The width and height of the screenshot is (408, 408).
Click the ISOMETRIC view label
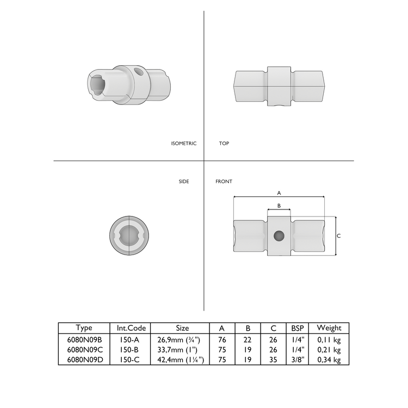point(183,144)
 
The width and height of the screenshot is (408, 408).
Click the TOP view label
point(224,144)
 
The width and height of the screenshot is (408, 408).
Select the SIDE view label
point(184,182)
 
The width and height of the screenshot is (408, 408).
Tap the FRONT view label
point(224,182)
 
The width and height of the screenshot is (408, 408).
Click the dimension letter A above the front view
point(279,193)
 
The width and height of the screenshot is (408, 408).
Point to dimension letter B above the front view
point(279,206)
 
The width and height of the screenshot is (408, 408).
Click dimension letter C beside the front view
point(339,236)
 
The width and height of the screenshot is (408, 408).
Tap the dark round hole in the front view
point(279,236)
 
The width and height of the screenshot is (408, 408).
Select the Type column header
point(84,328)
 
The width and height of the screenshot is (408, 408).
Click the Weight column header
point(329,328)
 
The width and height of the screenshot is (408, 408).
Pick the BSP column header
point(297,328)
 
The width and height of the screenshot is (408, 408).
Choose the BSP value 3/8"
point(297,360)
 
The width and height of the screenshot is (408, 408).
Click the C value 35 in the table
point(273,360)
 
